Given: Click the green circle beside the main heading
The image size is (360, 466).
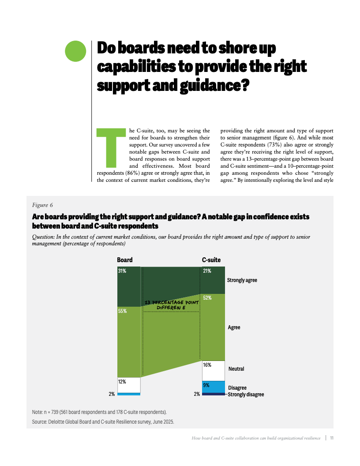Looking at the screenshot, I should (x=75, y=51).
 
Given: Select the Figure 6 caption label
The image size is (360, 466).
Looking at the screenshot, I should (x=42, y=205).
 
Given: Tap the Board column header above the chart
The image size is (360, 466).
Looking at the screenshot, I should (x=124, y=260).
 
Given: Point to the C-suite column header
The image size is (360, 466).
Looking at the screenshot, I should (x=211, y=260).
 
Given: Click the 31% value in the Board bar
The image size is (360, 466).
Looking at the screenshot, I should (x=122, y=271).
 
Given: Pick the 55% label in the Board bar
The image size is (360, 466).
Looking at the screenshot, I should (x=122, y=311).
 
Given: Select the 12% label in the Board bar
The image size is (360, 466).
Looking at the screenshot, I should (x=122, y=382).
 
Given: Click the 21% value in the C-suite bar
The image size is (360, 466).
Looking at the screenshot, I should (x=207, y=271).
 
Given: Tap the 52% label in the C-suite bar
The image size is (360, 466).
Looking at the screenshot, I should (x=207, y=298).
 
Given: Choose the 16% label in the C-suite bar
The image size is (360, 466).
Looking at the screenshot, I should (x=207, y=365).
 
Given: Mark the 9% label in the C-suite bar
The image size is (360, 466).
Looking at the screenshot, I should (x=206, y=385).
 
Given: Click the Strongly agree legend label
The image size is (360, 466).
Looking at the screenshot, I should (x=242, y=280).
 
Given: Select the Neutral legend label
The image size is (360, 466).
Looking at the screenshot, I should (x=236, y=368).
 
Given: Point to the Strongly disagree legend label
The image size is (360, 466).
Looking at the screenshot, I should (x=246, y=395).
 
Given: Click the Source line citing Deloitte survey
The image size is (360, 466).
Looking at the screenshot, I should (x=103, y=421).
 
